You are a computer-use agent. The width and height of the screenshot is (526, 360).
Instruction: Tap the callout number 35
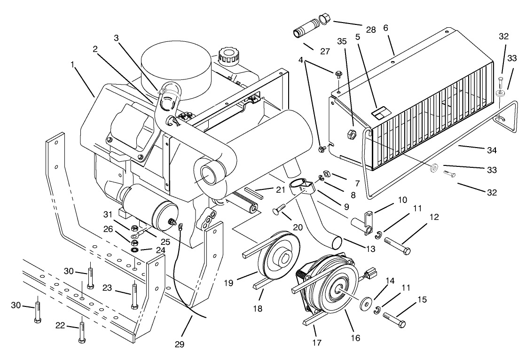(x=342, y=41)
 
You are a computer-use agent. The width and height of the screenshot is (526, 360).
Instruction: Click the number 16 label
(x=355, y=337)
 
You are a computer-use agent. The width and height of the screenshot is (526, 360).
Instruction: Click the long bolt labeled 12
(x=397, y=246)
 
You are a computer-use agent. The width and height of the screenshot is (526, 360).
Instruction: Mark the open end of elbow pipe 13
(x=336, y=243)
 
